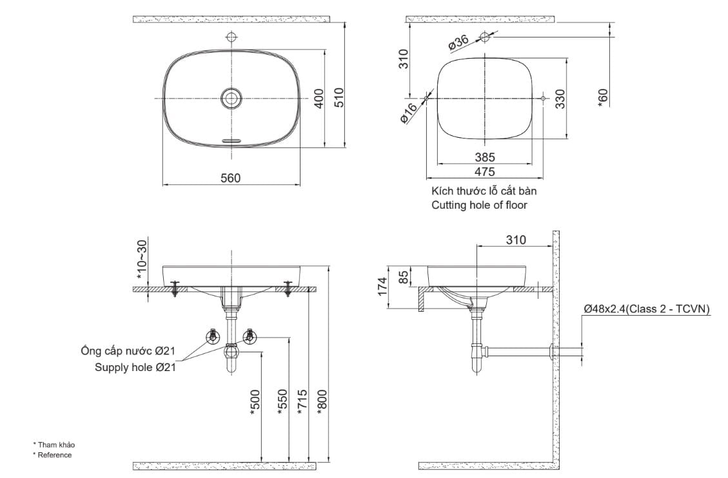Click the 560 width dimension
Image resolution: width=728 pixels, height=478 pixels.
pyautogui.click(x=230, y=178)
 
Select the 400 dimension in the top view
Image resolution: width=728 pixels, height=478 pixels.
pyautogui.click(x=318, y=98)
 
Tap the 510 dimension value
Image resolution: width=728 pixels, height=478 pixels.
pyautogui.click(x=340, y=98)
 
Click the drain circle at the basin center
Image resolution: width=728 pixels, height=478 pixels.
pyautogui.click(x=231, y=98)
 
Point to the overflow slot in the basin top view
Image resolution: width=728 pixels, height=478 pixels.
pyautogui.click(x=231, y=139)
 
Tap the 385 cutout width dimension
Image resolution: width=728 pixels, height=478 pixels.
pyautogui.click(x=484, y=157)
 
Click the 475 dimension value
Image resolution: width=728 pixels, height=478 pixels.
pyautogui.click(x=484, y=171)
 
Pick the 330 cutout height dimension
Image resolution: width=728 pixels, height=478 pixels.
pyautogui.click(x=560, y=99)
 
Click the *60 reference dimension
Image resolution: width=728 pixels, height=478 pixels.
pyautogui.click(x=602, y=97)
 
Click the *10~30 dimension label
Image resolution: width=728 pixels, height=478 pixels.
pyautogui.click(x=142, y=260)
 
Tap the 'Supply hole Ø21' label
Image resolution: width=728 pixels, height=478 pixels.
pyautogui.click(x=135, y=368)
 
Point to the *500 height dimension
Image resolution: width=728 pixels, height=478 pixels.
pyautogui.click(x=255, y=402)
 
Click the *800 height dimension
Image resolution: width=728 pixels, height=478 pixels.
pyautogui.click(x=322, y=402)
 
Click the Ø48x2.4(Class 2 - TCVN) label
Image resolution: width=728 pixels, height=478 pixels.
pyautogui.click(x=646, y=309)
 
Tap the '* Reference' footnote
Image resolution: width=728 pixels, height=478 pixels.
pyautogui.click(x=52, y=455)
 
